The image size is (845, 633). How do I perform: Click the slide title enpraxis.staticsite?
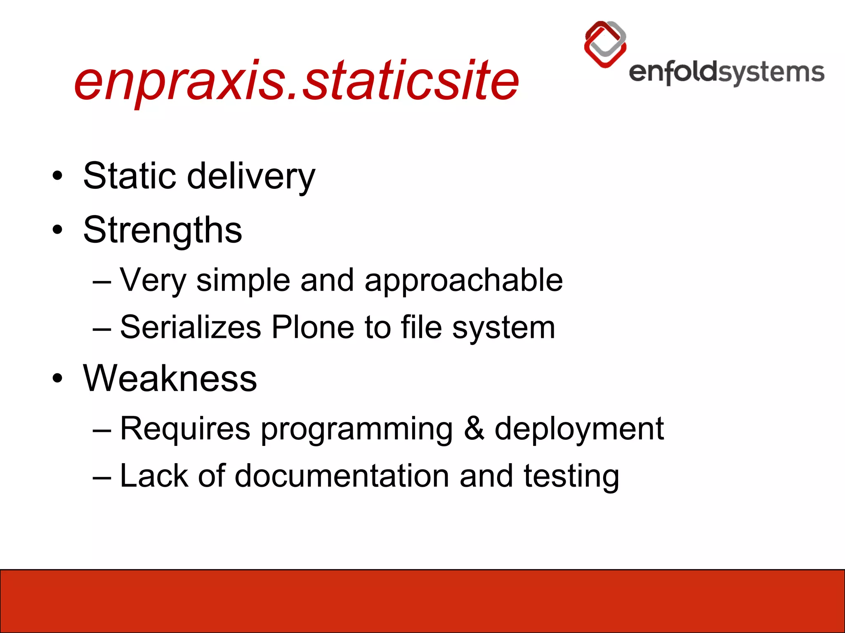coord(296,80)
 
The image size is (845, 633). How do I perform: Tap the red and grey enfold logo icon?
coord(605,44)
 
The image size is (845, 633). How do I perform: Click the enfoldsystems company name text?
coord(726,73)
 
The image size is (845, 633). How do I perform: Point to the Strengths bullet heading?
coord(163,230)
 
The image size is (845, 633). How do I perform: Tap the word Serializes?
coord(191,327)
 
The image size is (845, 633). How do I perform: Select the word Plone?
coord(313,327)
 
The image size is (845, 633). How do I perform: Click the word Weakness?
coord(170,378)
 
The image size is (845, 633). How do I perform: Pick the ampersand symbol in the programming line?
coord(474,429)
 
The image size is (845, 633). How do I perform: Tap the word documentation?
coord(342,476)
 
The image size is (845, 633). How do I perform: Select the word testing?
coord(571,477)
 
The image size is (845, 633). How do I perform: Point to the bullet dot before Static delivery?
coord(58,176)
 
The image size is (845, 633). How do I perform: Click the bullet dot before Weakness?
coord(58,378)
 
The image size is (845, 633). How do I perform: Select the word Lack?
coord(153,476)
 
